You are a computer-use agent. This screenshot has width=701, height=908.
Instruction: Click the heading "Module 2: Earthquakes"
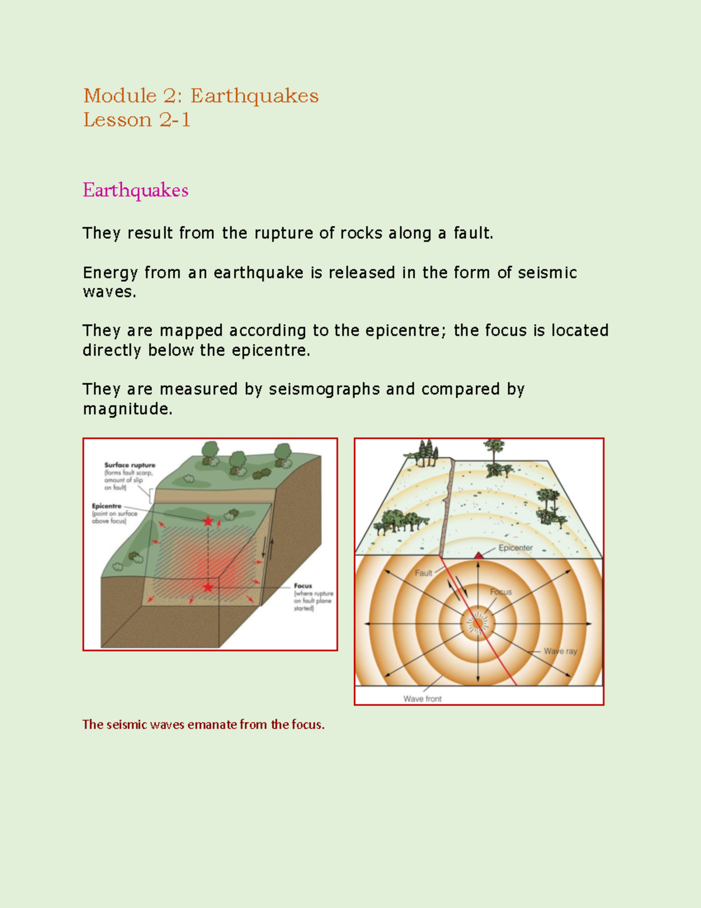point(200,95)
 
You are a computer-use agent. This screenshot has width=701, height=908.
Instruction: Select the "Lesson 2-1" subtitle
point(136,120)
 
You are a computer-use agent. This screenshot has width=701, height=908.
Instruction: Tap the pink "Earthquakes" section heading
point(135,190)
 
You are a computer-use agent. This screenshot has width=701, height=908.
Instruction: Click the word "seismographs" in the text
point(324,389)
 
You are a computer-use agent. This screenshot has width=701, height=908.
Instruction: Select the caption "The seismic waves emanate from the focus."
point(203,724)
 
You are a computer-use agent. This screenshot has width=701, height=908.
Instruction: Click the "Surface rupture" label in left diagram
point(130,465)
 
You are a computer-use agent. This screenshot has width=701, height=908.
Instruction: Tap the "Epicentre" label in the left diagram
point(106,506)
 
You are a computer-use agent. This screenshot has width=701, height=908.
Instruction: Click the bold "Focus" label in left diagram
point(303,585)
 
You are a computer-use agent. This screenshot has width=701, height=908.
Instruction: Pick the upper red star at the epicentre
point(208,521)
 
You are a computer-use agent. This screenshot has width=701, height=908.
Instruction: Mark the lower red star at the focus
point(208,586)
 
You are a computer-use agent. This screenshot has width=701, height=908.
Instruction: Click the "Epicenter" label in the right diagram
point(515,548)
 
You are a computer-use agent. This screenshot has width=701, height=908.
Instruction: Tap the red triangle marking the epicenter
point(478,555)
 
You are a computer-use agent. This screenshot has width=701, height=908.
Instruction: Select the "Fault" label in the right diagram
point(423,573)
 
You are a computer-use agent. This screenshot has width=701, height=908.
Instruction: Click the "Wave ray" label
point(560,651)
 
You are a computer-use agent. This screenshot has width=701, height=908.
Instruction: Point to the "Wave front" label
point(422,699)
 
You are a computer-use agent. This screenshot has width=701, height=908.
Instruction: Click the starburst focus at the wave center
point(478,623)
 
